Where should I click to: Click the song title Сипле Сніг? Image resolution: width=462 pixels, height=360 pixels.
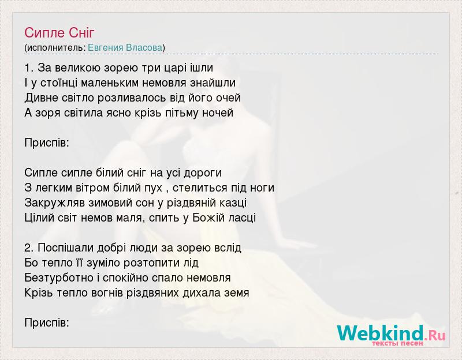(x=59, y=33)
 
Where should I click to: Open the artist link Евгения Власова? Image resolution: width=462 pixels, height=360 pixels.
(x=125, y=48)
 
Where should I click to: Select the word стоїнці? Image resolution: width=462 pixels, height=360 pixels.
(x=59, y=82)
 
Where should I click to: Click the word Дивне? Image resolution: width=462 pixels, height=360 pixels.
(x=42, y=97)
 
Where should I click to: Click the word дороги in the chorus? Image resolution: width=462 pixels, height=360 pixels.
(x=203, y=172)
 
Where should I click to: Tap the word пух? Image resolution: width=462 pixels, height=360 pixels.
(x=153, y=188)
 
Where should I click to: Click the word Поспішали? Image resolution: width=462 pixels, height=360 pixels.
(x=66, y=248)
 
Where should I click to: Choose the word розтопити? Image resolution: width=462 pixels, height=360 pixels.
(x=148, y=263)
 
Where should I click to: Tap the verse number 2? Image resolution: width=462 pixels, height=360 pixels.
(x=28, y=248)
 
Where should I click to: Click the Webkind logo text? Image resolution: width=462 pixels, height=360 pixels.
(x=381, y=333)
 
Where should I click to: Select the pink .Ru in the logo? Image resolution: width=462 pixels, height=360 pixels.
(x=435, y=335)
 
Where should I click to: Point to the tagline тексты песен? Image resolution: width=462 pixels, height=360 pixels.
(x=397, y=343)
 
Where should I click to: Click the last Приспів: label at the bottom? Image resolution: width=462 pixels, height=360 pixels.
(x=47, y=323)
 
